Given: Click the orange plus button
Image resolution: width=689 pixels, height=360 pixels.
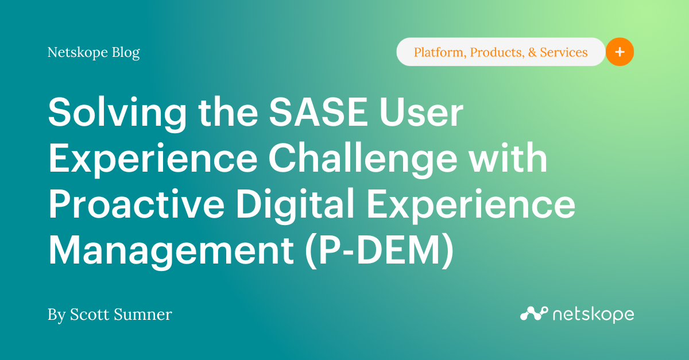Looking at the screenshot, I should [x=620, y=52].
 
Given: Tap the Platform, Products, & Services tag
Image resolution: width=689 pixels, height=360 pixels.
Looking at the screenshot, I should [x=500, y=52].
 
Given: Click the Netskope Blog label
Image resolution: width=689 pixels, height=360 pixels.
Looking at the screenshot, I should [x=94, y=53].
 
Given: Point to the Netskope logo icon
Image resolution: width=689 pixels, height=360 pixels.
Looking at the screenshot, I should [x=533, y=313].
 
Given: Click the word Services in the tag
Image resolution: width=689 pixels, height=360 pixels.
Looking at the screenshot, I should [x=564, y=52].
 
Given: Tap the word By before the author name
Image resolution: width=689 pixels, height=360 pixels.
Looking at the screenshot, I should [x=56, y=315].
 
